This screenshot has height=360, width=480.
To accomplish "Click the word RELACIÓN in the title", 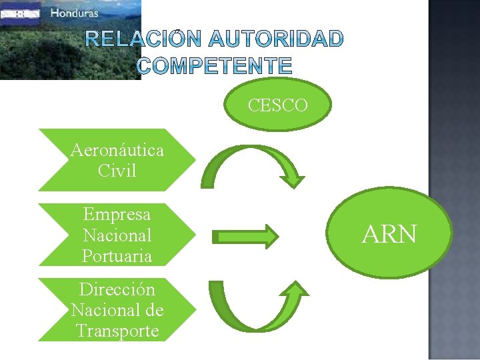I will click(137, 40).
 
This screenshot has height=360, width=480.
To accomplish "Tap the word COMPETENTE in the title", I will click(215, 65).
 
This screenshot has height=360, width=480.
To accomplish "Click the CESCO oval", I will click(278, 105).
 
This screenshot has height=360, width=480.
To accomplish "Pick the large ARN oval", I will click(390, 234).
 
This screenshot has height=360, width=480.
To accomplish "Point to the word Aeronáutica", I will click(117, 150).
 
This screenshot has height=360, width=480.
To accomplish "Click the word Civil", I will click(117, 171).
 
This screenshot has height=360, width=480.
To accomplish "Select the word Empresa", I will click(117, 215).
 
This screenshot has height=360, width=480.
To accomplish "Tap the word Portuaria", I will click(117, 256).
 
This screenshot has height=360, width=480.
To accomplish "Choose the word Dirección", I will click(117, 289).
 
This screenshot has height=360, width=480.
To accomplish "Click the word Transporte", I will click(117, 331).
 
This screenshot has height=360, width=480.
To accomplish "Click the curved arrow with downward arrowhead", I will click(253, 163).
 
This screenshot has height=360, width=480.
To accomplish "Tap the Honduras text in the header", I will click(74, 13).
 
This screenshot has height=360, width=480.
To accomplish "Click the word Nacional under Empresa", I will click(117, 235).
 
